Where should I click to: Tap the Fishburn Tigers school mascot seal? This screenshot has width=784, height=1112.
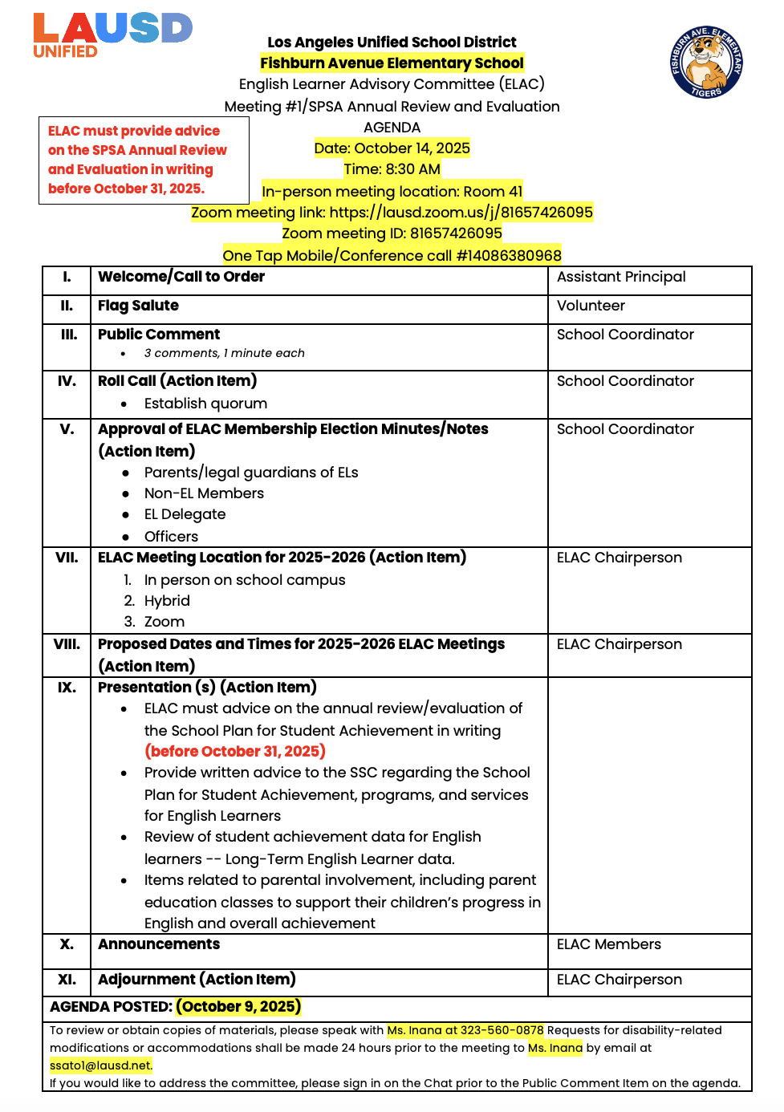(x=706, y=62)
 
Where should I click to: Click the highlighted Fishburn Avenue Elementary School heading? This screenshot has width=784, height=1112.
(x=392, y=63)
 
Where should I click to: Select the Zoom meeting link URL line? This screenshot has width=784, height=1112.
(x=392, y=213)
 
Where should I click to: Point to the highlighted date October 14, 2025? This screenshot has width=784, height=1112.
(x=392, y=148)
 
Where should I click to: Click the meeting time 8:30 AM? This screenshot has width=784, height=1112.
(x=392, y=169)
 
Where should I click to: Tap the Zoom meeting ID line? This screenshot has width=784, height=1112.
(x=392, y=233)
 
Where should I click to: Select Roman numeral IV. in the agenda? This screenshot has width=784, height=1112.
(x=67, y=381)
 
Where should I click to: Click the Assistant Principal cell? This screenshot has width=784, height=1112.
(x=621, y=277)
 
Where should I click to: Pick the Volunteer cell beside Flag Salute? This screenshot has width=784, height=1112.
(x=591, y=306)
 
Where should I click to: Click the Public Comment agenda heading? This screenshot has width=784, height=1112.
(x=159, y=335)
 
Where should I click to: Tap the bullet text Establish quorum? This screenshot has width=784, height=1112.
(x=205, y=404)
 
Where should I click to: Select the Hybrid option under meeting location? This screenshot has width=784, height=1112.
(x=167, y=601)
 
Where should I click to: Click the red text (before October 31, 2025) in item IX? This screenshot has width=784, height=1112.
(x=234, y=752)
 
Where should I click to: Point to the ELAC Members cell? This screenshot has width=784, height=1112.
(x=609, y=944)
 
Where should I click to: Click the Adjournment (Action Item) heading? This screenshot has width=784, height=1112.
(x=197, y=980)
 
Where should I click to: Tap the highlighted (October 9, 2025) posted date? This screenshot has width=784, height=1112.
(x=238, y=1007)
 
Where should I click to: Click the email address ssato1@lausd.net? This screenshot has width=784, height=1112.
(x=100, y=1065)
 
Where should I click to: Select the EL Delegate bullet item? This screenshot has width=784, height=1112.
(x=185, y=514)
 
